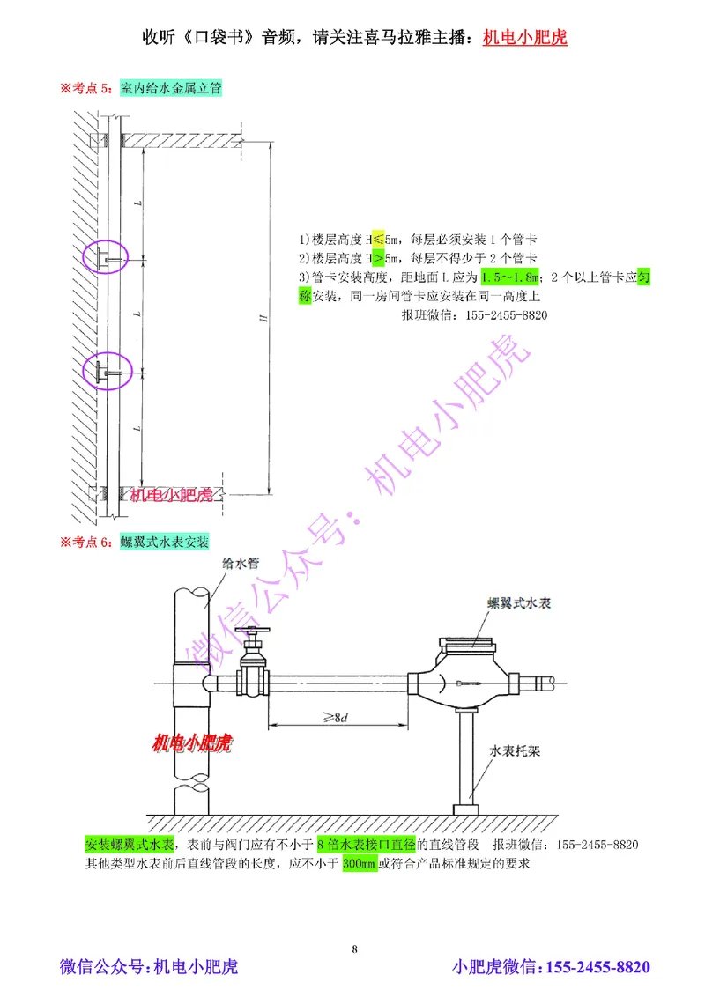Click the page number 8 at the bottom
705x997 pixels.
pos(354,949)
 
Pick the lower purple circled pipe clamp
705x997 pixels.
pos(106,373)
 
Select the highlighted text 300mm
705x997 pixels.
pos(358,863)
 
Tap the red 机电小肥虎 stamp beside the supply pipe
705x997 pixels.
pos(191,744)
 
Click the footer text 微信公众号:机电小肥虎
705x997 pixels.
pos(148,967)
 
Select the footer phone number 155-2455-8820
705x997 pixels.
pos(598,967)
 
